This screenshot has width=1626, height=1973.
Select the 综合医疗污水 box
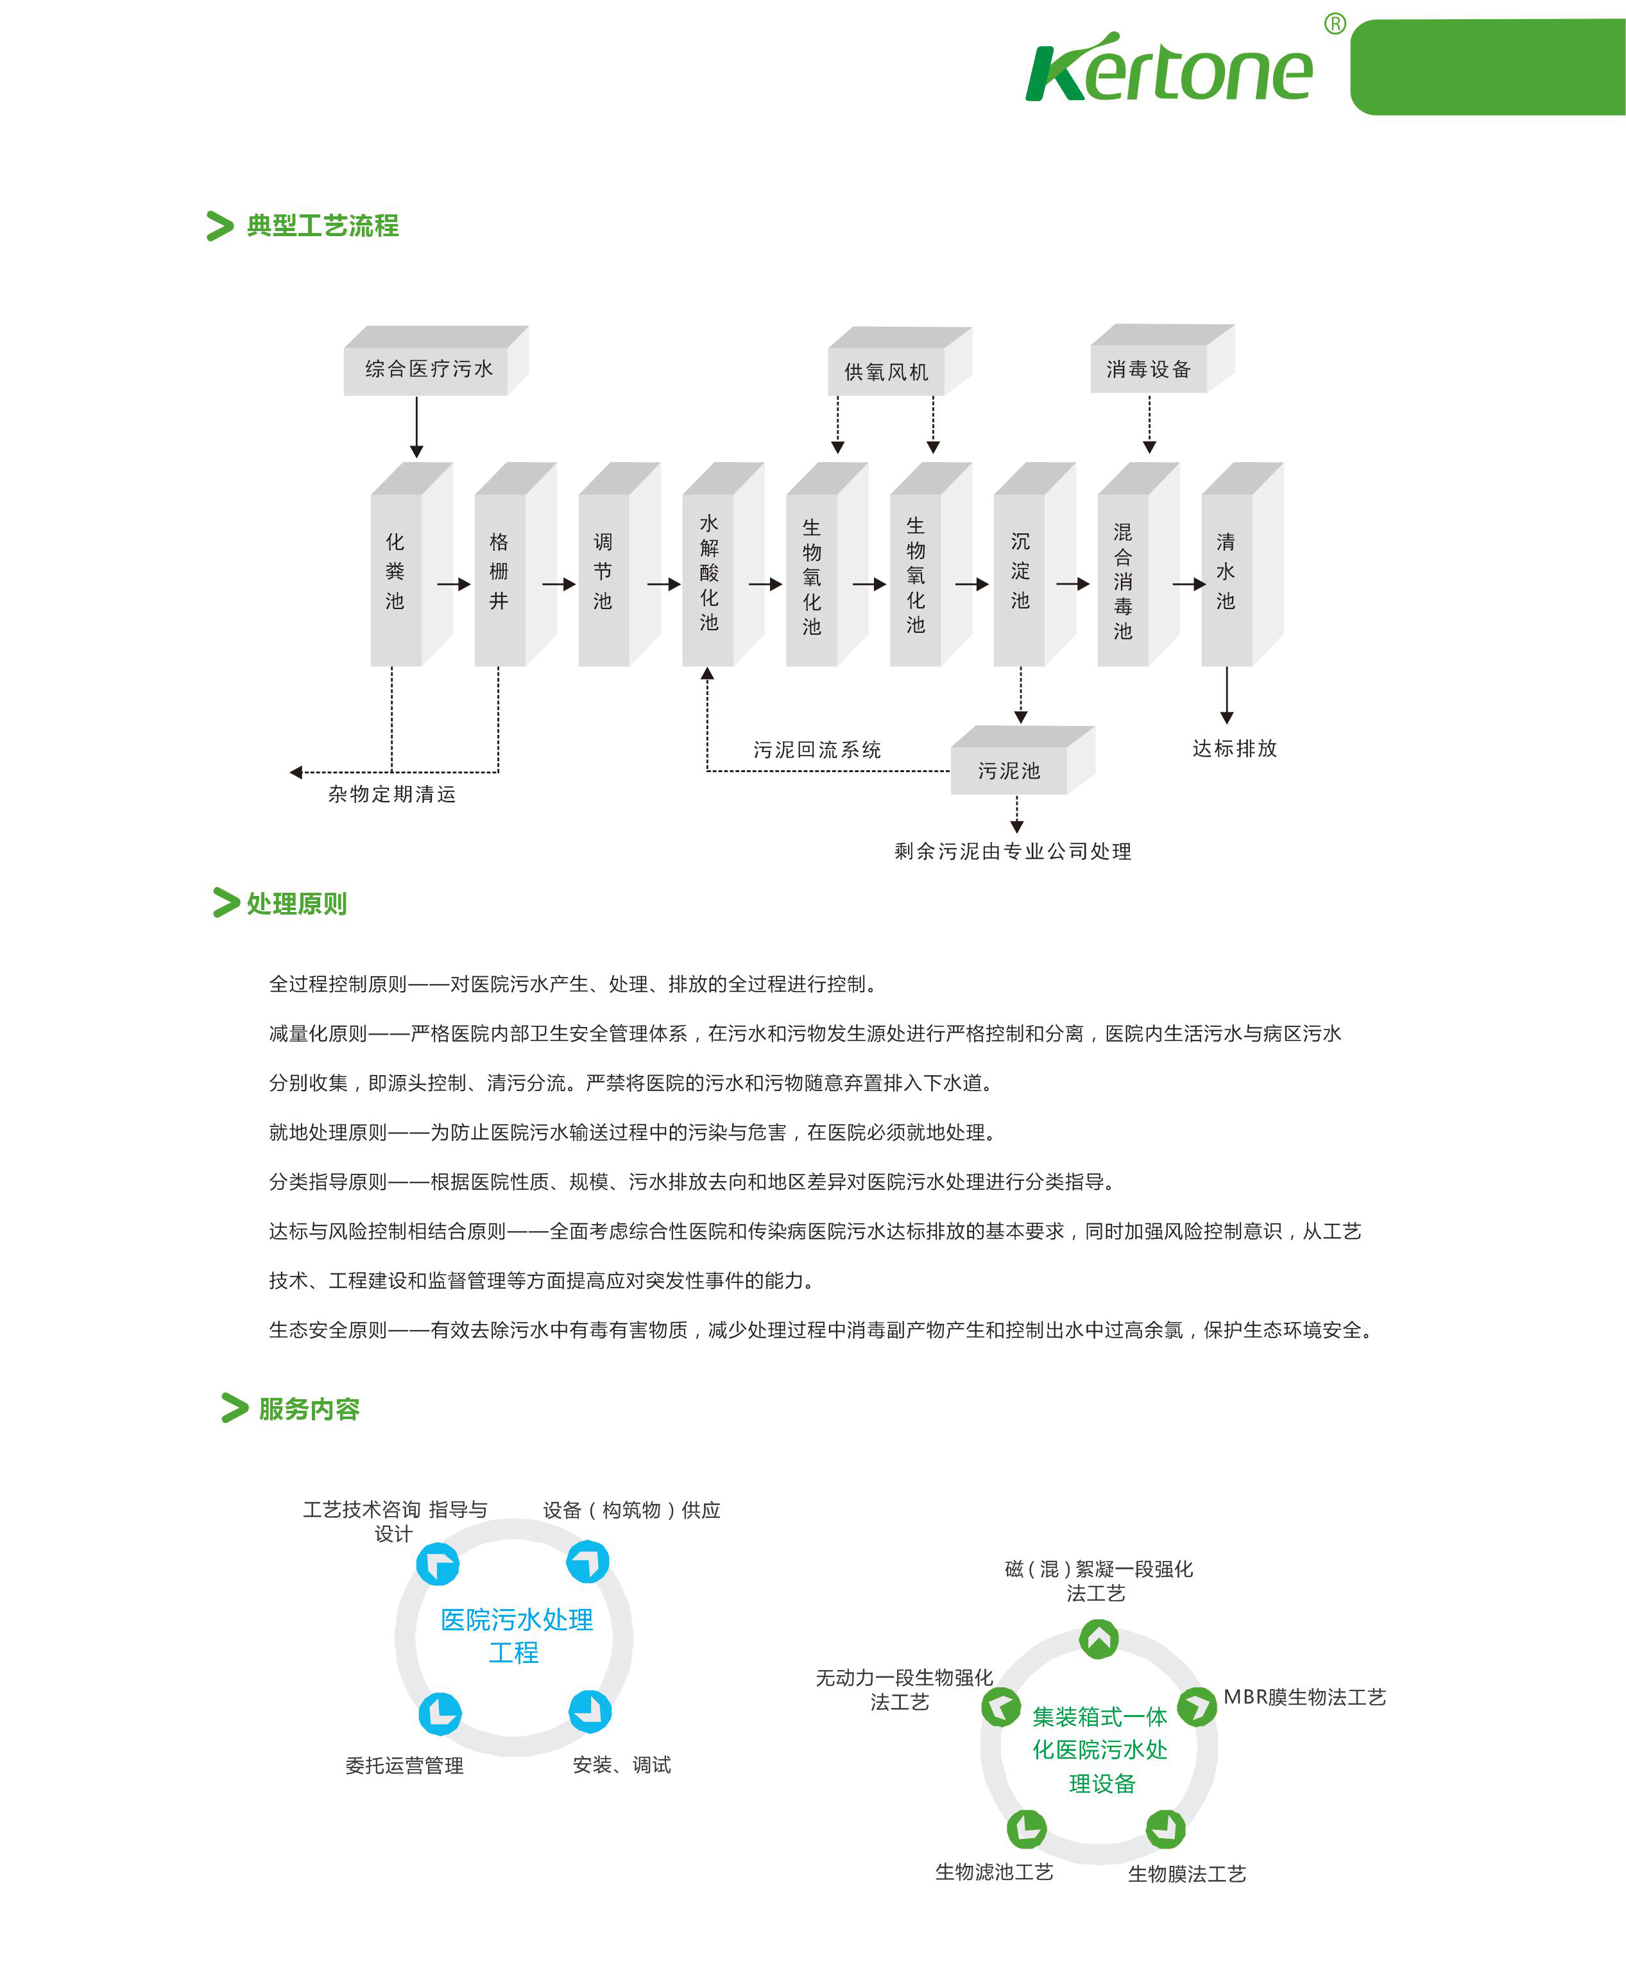[427, 369]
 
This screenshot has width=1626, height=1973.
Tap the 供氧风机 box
[887, 372]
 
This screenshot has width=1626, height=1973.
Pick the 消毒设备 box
[1149, 369]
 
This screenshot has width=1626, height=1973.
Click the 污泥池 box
[1009, 770]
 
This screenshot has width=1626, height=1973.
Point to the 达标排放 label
[1235, 748]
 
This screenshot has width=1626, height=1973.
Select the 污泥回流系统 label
[817, 750]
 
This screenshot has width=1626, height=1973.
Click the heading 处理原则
[296, 904]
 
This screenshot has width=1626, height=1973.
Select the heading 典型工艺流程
[322, 226]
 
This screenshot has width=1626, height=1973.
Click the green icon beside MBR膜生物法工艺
[1196, 1706]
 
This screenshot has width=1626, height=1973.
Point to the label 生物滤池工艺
[994, 1872]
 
